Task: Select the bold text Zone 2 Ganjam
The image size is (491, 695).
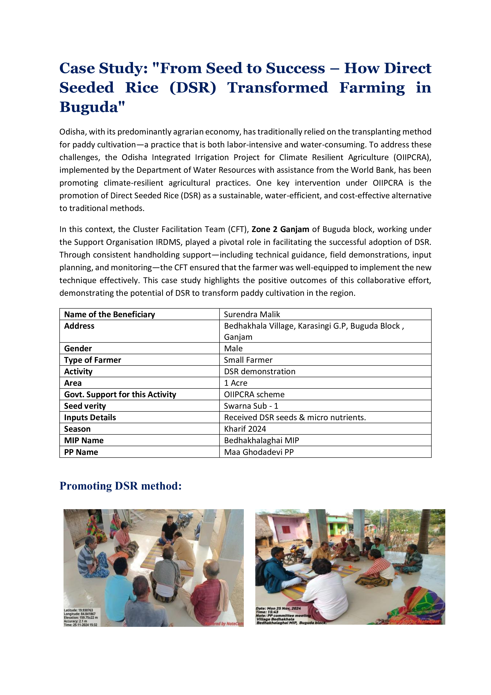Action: (280, 229)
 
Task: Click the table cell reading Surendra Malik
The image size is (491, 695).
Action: (252, 314)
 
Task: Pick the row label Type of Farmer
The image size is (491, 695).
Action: (92, 360)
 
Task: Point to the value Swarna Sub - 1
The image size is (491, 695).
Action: (251, 406)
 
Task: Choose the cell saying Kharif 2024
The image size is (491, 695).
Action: (245, 429)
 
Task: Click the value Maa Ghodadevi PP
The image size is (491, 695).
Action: (259, 452)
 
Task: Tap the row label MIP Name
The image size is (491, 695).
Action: (84, 440)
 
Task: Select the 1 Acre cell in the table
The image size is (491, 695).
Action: (236, 383)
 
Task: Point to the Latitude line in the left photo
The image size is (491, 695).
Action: (78, 610)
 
